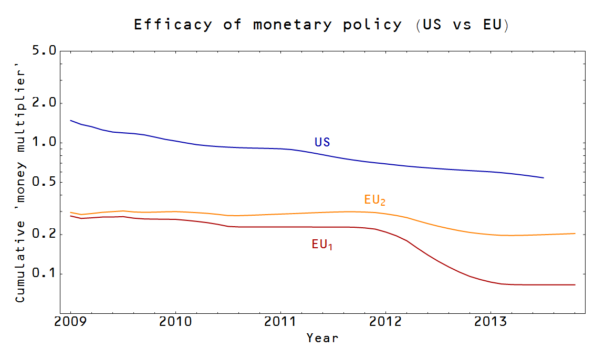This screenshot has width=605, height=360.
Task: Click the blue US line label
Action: (x=322, y=142)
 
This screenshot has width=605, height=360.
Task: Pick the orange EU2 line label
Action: (x=375, y=200)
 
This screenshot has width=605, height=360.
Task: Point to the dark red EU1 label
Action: (x=322, y=245)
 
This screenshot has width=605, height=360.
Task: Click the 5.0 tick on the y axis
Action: (x=44, y=51)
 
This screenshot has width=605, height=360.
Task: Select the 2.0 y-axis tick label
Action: (x=44, y=103)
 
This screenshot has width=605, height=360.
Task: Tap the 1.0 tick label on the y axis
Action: (x=44, y=143)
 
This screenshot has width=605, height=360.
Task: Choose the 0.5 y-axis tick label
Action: (x=44, y=183)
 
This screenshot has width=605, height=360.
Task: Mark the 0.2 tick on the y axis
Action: (x=44, y=234)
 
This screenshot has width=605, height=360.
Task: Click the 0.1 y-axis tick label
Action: (x=44, y=274)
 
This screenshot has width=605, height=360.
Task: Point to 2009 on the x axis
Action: (x=70, y=322)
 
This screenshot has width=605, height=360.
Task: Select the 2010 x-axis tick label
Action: (x=175, y=322)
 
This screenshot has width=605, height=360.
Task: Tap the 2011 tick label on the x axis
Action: (x=280, y=322)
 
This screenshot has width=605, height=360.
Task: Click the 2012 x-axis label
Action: (x=385, y=322)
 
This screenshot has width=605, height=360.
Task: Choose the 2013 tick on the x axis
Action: (x=491, y=322)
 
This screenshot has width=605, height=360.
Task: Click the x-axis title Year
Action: (x=322, y=338)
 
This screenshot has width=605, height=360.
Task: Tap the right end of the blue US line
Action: (x=543, y=178)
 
